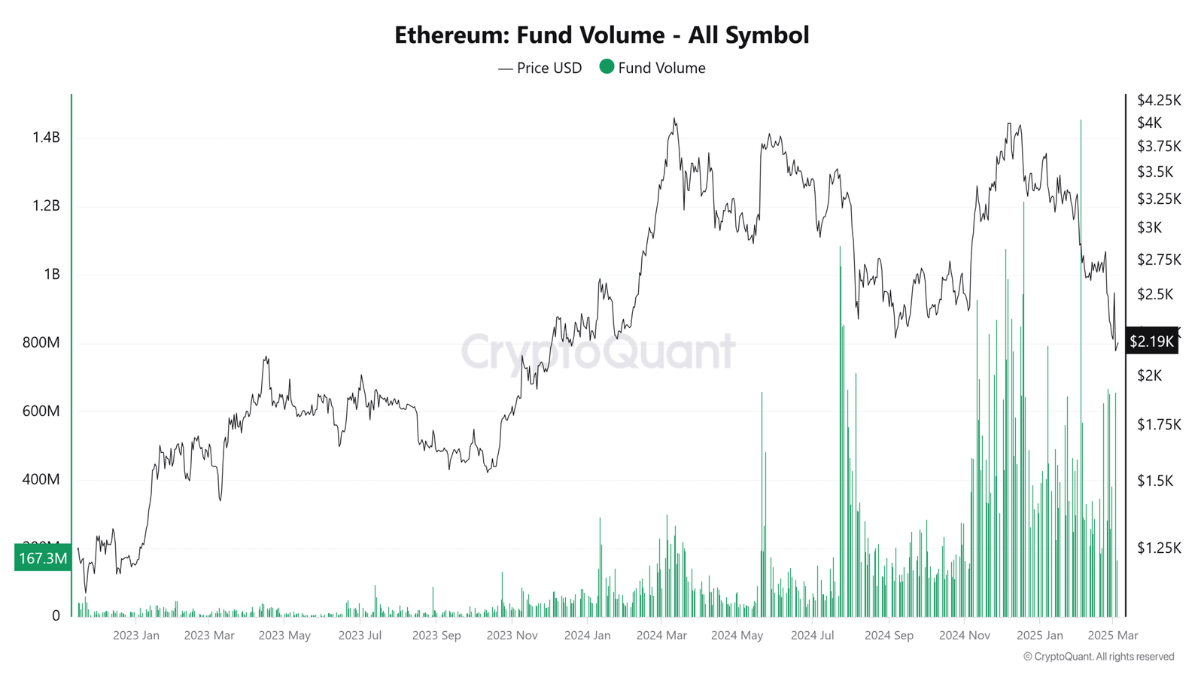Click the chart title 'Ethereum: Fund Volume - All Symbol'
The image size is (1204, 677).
pyautogui.click(x=601, y=35)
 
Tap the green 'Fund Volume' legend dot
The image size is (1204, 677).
pyautogui.click(x=607, y=67)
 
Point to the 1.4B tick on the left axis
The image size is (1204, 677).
pyautogui.click(x=46, y=137)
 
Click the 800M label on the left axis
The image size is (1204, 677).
pyautogui.click(x=41, y=342)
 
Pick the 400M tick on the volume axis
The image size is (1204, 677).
pyautogui.click(x=41, y=479)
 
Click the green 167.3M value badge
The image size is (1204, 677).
pyautogui.click(x=43, y=558)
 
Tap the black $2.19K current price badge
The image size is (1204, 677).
pyautogui.click(x=1151, y=342)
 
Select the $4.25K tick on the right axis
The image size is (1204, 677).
pyautogui.click(x=1159, y=100)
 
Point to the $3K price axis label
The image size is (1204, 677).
pyautogui.click(x=1150, y=227)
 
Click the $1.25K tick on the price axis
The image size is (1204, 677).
pyautogui.click(x=1159, y=548)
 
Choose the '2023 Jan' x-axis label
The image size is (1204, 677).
pyautogui.click(x=136, y=635)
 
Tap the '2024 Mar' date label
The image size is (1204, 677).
pyautogui.click(x=661, y=635)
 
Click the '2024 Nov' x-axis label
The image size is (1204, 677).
pyautogui.click(x=964, y=635)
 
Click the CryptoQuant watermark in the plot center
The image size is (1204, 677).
pyautogui.click(x=598, y=351)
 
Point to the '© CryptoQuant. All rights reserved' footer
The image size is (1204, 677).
pyautogui.click(x=1098, y=657)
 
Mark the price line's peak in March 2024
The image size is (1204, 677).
pyautogui.click(x=674, y=118)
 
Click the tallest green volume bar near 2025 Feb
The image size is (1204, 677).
pyautogui.click(x=1081, y=120)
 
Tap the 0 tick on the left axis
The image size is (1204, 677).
pyautogui.click(x=56, y=615)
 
